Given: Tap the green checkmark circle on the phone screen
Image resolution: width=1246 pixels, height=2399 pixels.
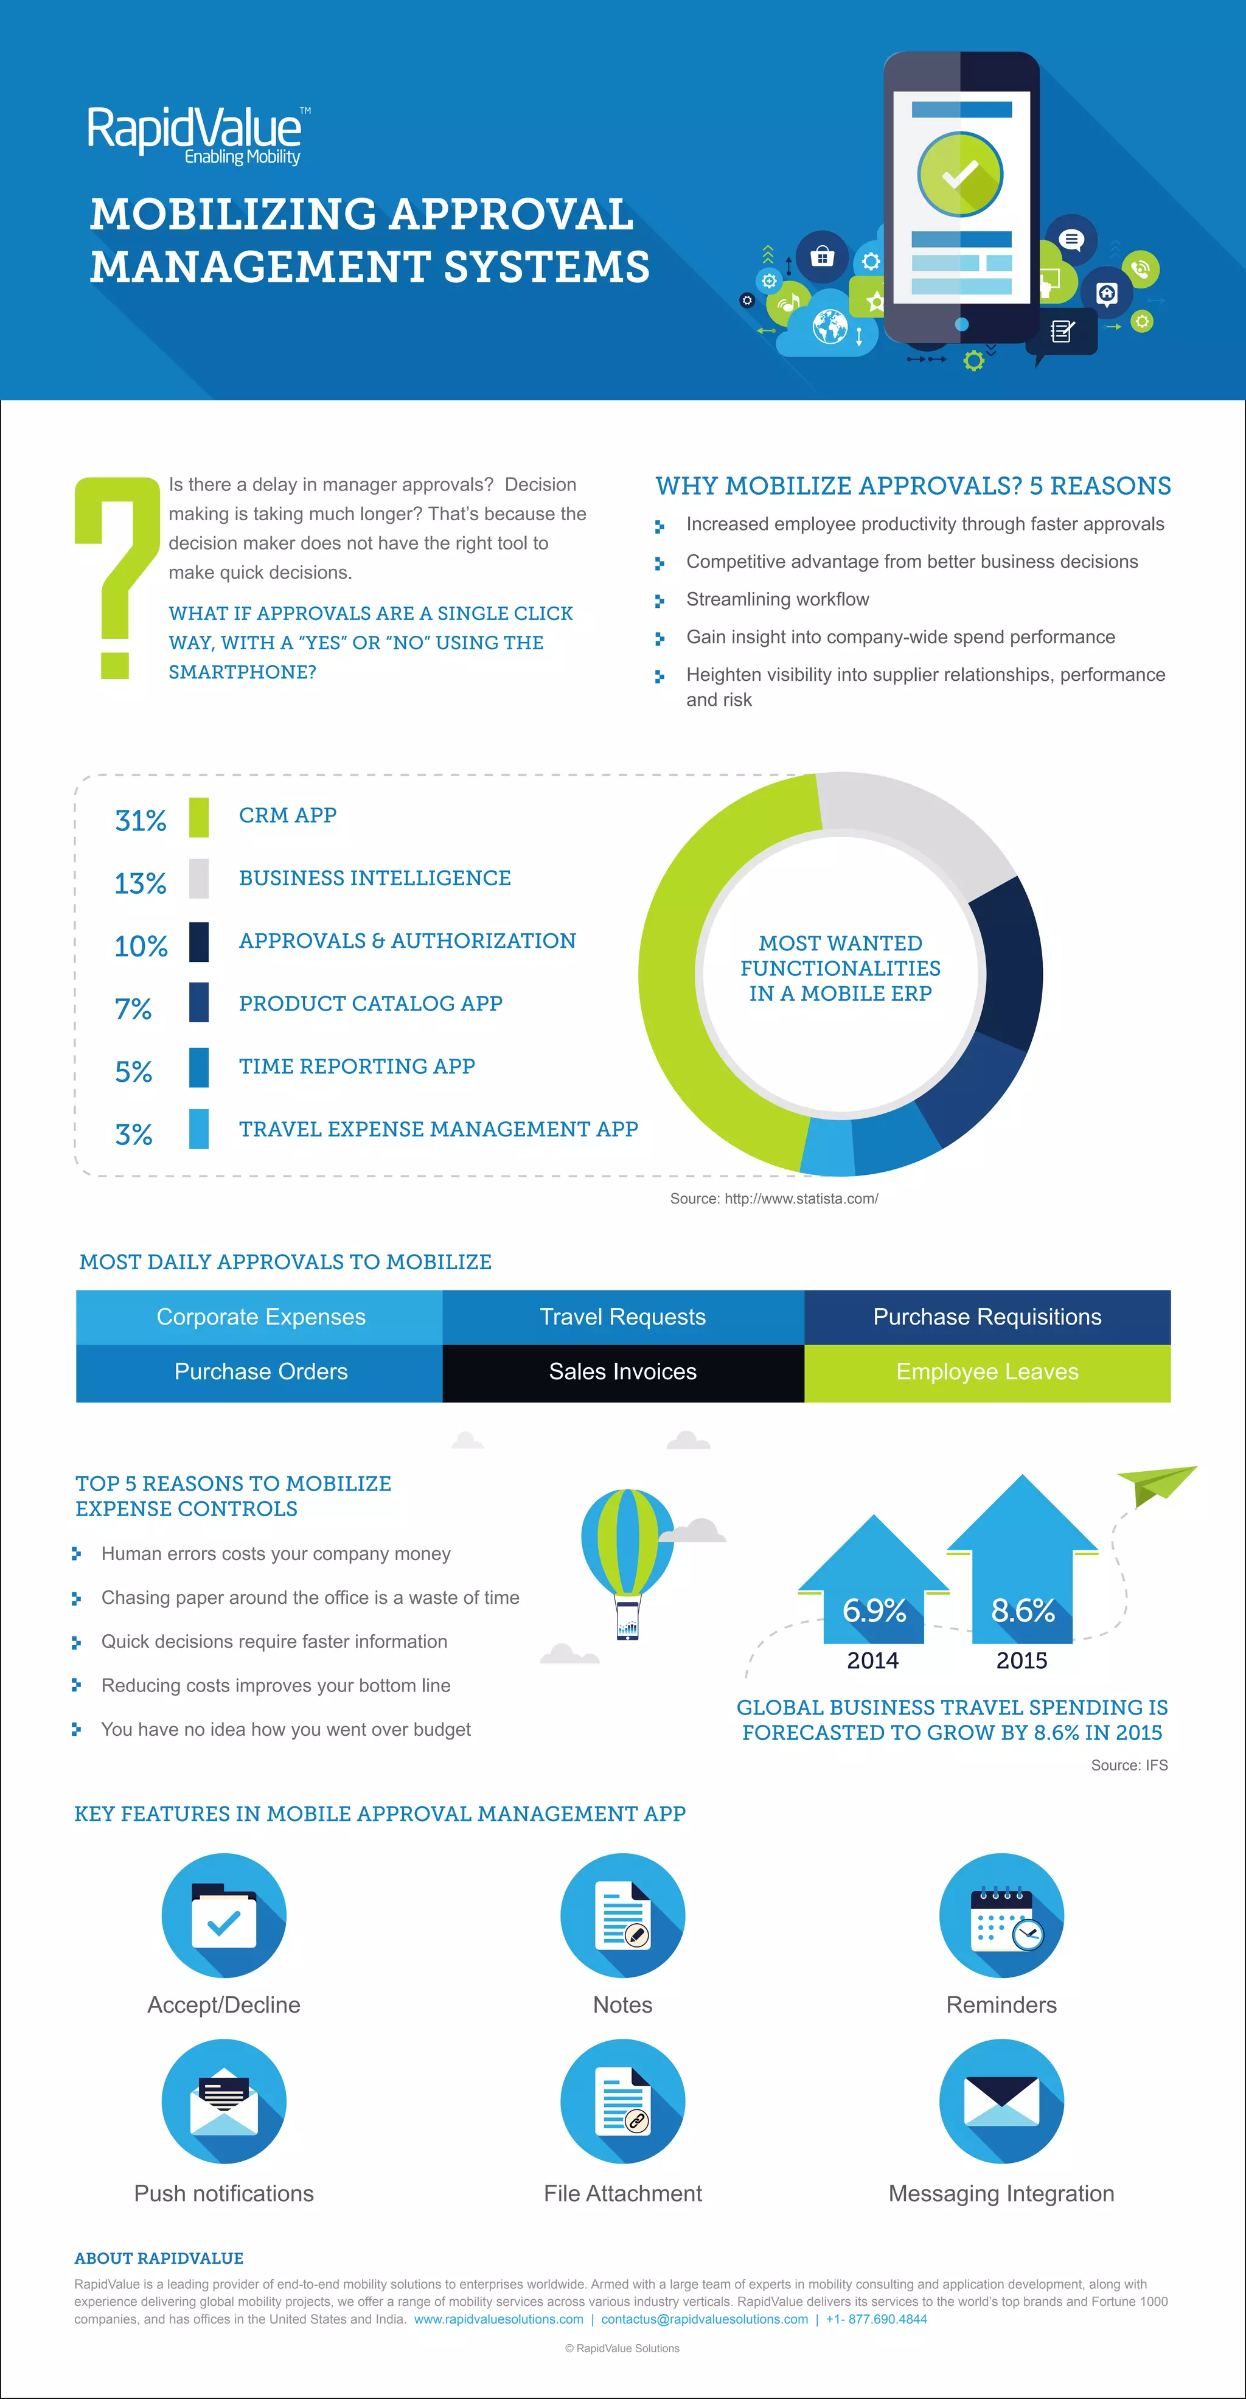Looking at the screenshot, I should (960, 174).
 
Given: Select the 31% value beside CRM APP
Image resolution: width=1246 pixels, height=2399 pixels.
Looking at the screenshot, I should (141, 821).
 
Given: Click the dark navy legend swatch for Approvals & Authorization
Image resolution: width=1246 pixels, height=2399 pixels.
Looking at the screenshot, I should (198, 942).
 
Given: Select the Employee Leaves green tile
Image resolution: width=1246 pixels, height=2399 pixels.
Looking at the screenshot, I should (986, 1372).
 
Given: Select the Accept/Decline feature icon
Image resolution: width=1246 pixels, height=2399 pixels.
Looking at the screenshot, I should (223, 1916).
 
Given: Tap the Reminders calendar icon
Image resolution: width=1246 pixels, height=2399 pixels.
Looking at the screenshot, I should (1001, 1916).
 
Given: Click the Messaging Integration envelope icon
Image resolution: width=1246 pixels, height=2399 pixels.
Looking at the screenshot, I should (1001, 2101).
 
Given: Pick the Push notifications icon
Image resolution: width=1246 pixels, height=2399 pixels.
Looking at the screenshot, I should (223, 2101).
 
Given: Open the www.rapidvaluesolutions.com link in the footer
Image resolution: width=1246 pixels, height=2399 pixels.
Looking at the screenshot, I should (498, 2319).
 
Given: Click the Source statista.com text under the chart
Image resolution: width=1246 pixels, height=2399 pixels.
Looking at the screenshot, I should (774, 1199).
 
